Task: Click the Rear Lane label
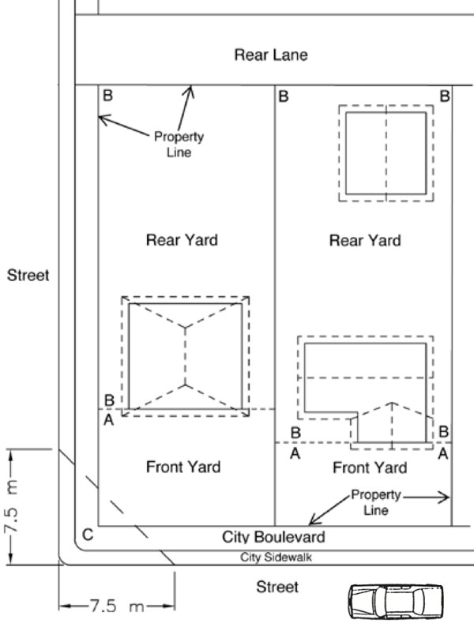click(271, 54)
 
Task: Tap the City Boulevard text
click(273, 537)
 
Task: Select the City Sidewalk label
click(276, 558)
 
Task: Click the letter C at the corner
click(88, 535)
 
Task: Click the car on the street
click(396, 602)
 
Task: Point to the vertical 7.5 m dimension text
click(12, 507)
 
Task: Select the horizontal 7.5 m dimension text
click(116, 606)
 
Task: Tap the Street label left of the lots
click(28, 275)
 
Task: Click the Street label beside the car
click(277, 587)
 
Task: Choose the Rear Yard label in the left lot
click(182, 240)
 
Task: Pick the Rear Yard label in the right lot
click(365, 240)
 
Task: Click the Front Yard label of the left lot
click(183, 467)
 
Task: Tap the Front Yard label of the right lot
click(370, 467)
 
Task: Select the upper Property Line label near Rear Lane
click(179, 145)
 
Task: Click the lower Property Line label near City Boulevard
click(375, 502)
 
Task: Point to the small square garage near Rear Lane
click(386, 153)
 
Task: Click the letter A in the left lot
click(109, 420)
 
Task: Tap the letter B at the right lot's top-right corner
click(445, 96)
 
